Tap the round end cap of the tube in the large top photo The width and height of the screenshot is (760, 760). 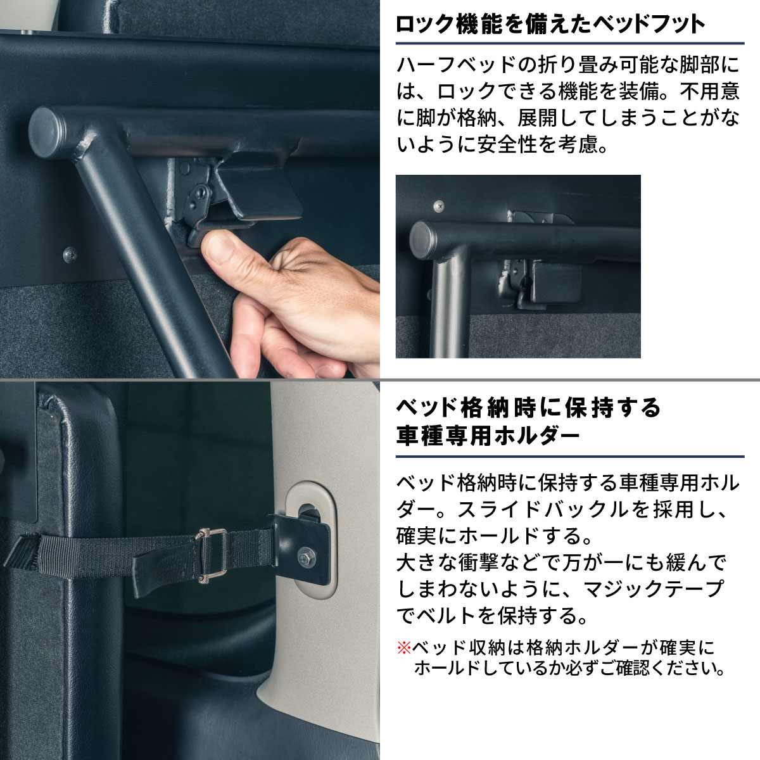[46, 132]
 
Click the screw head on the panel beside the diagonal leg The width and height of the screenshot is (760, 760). [70, 255]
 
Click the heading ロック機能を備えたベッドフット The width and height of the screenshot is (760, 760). [550, 25]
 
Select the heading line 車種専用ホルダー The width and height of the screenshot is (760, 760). [488, 436]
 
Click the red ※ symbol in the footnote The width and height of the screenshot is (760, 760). [404, 648]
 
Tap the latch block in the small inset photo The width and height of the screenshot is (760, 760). [550, 281]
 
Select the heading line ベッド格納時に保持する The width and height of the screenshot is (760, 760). [528, 407]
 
